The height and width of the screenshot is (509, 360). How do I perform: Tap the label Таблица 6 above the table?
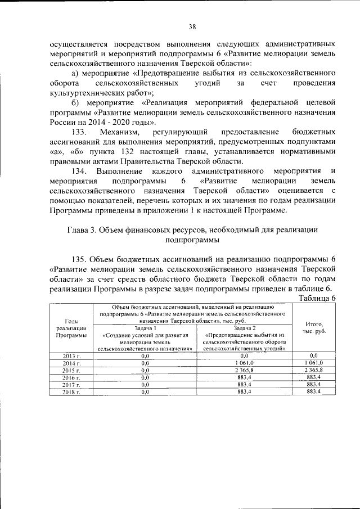point(317,298)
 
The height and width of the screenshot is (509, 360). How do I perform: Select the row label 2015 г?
point(71,370)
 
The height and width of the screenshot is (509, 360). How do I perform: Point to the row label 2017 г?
point(71,385)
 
